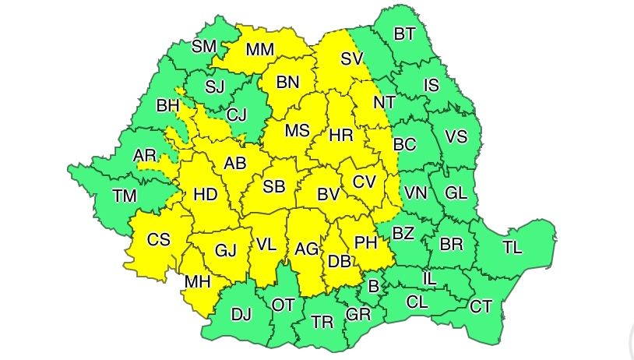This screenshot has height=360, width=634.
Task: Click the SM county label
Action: pyautogui.click(x=204, y=46)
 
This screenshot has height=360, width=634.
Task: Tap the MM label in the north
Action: pyautogui.click(x=260, y=50)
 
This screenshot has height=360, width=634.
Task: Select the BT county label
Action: pyautogui.click(x=404, y=34)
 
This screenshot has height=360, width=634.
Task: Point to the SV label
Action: pyautogui.click(x=352, y=58)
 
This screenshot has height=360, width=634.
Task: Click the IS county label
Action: pyautogui.click(x=431, y=85)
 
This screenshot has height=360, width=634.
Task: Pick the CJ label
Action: pyautogui.click(x=236, y=115)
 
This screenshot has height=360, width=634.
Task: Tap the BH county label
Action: pyautogui.click(x=167, y=104)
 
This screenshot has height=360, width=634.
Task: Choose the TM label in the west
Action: pyautogui.click(x=123, y=196)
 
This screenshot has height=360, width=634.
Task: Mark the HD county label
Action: pyautogui.click(x=206, y=196)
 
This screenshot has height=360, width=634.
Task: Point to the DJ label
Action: pyautogui.click(x=241, y=314)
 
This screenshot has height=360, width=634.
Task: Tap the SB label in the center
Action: pyautogui.click(x=274, y=187)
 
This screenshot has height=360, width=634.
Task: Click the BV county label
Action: pyautogui.click(x=328, y=195)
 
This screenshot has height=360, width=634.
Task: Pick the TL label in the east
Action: pyautogui.click(x=512, y=248)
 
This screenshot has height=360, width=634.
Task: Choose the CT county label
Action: pyautogui.click(x=481, y=306)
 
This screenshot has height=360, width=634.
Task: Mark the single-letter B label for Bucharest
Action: pyautogui.click(x=373, y=287)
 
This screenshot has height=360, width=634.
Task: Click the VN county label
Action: pyautogui.click(x=417, y=192)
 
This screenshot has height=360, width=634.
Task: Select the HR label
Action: pyautogui.click(x=341, y=135)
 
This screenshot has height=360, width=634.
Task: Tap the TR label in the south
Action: pyautogui.click(x=322, y=322)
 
